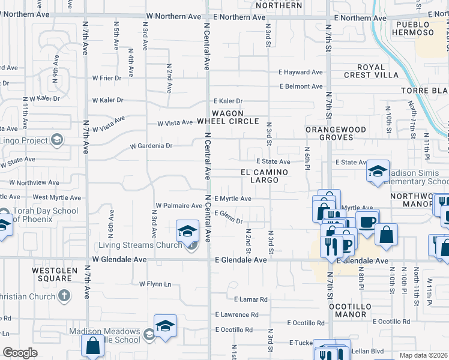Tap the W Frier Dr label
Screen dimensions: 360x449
107,78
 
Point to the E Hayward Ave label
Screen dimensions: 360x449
300,72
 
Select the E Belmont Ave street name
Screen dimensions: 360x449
301,86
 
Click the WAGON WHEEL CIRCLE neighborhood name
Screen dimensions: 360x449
227,117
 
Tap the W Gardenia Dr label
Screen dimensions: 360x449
151,146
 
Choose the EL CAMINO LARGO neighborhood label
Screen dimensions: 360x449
264,176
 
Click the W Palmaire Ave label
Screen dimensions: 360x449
178,206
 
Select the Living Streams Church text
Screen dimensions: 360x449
140,245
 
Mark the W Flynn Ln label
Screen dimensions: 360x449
155,284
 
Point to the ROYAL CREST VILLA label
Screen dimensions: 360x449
371,71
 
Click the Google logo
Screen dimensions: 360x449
20,353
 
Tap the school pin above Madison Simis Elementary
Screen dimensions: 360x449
378,172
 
